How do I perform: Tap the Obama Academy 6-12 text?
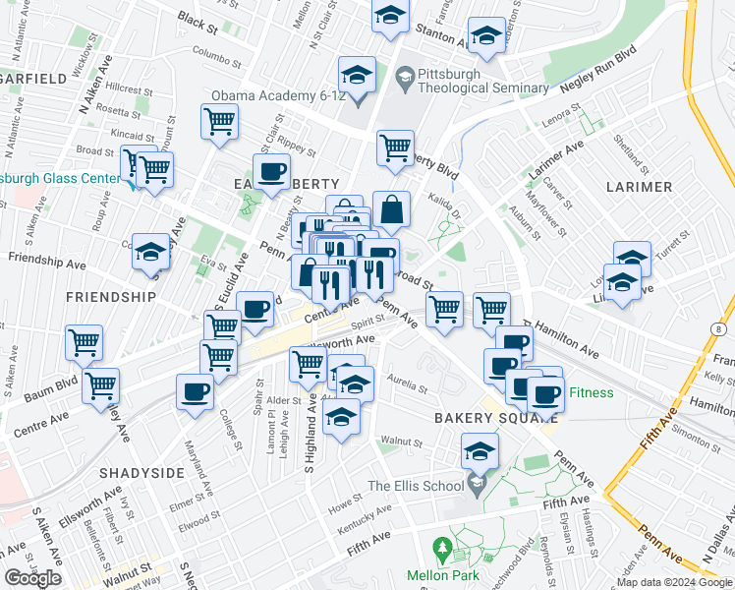[x=276, y=95]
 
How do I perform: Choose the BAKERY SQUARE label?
[x=482, y=418]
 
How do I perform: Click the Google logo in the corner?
[x=34, y=577]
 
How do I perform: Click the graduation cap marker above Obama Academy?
[x=357, y=76]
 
